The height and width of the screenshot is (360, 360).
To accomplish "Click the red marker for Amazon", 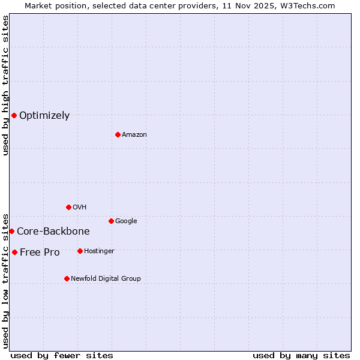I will (118, 134).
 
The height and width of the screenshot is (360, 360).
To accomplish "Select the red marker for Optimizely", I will (14, 115).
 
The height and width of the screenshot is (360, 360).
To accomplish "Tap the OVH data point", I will (68, 207).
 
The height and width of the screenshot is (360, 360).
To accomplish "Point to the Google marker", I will (111, 221).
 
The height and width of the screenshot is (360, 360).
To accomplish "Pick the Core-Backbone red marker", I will (11, 231).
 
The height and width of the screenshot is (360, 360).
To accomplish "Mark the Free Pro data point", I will (14, 252).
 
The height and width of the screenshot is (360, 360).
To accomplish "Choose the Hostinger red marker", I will (80, 251).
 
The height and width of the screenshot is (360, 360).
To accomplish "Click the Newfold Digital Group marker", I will (67, 278).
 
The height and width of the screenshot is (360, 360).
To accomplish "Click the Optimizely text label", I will (44, 116).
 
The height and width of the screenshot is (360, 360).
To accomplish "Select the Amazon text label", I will (134, 135).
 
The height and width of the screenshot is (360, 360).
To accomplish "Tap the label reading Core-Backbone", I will (53, 232).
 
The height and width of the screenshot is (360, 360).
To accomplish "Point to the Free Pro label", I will (40, 253).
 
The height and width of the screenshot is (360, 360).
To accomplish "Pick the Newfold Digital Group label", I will (106, 279).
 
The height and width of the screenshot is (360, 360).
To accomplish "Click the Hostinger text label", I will (99, 251).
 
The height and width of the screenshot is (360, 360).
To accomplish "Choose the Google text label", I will (126, 221).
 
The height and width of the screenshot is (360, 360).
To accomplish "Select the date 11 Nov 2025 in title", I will (246, 6).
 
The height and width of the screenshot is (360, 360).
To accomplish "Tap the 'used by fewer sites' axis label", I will (62, 355).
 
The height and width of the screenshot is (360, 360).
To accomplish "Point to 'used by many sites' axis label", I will (301, 355).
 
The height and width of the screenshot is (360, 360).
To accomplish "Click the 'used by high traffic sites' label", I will (5, 85).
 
